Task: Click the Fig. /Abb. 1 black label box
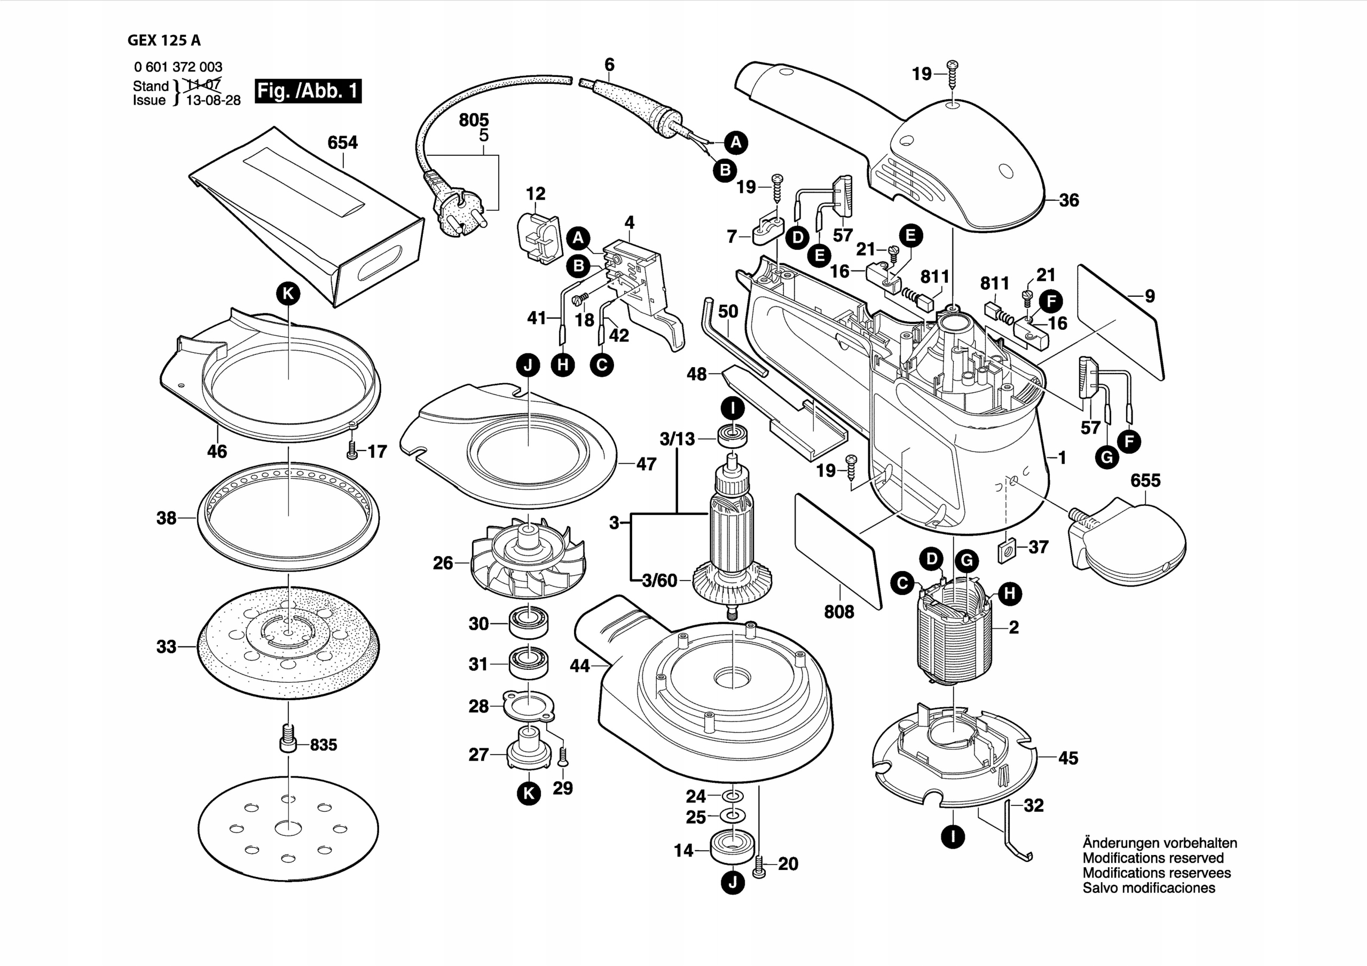click(x=308, y=91)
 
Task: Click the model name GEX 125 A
click(x=164, y=41)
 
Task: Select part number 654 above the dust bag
click(x=342, y=143)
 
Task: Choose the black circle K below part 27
click(x=529, y=794)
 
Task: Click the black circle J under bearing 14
click(x=732, y=883)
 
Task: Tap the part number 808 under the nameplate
click(x=838, y=611)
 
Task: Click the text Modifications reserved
click(x=1153, y=858)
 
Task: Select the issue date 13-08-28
click(x=213, y=100)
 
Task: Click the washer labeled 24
click(x=732, y=796)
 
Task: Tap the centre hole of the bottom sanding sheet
click(x=288, y=828)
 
